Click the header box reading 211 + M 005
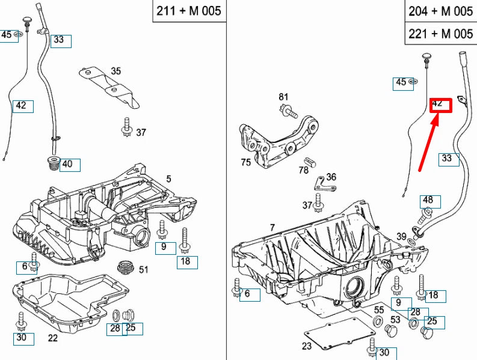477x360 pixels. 188,11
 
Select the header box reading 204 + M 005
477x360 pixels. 440,11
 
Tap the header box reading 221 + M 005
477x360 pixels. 440,33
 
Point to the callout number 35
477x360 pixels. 116,71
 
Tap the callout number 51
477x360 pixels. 143,269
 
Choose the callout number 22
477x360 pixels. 53,338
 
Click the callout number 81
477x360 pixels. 283,97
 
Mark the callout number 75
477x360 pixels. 245,162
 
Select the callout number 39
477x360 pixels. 401,236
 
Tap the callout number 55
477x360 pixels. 379,310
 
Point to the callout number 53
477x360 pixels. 395,320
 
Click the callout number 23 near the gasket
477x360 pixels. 307,346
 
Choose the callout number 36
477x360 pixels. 331,177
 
